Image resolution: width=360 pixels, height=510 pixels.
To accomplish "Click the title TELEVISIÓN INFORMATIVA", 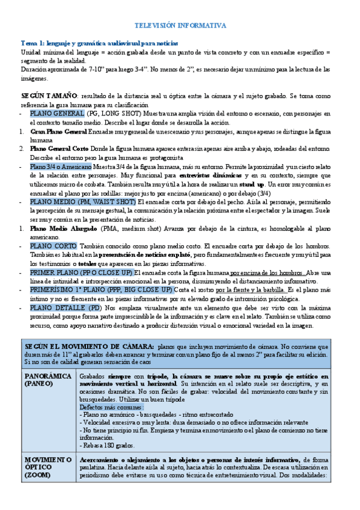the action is (180, 26).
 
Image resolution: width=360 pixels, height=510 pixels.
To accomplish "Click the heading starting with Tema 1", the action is (100, 43).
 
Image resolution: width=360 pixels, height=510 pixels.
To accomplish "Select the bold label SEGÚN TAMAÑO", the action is (49, 96).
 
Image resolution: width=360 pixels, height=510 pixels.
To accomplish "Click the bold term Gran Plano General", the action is (58, 131).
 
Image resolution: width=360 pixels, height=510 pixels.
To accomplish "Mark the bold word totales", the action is (88, 263).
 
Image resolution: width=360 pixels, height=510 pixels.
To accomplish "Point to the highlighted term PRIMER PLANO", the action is (59, 272).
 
